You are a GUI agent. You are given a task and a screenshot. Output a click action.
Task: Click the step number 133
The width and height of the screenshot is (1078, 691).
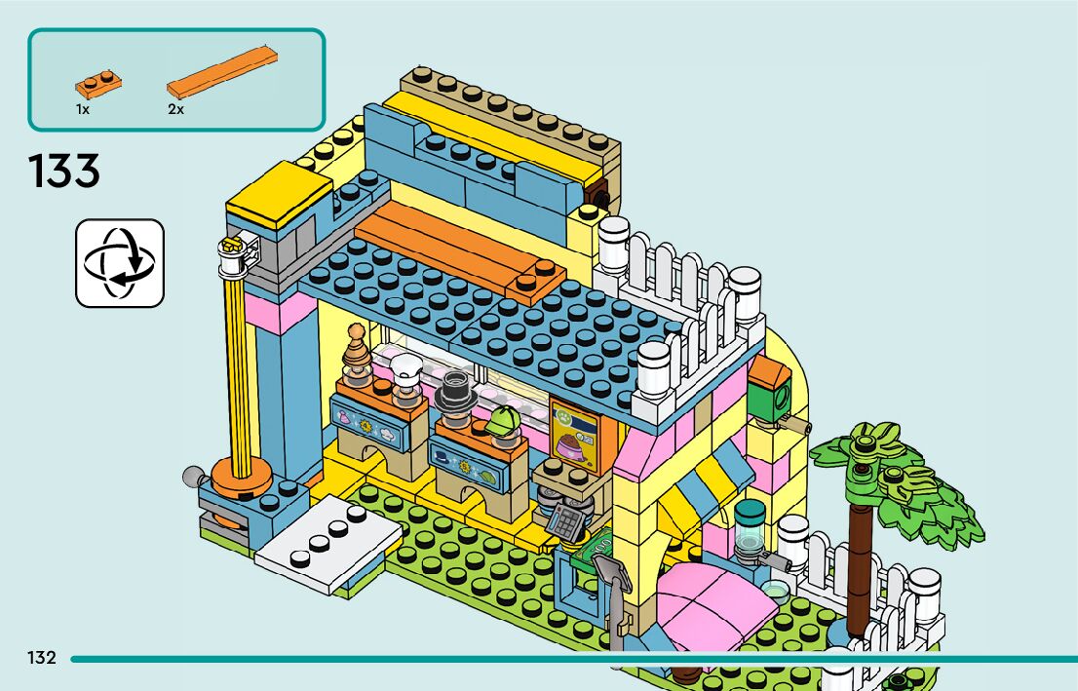pyautogui.click(x=64, y=172)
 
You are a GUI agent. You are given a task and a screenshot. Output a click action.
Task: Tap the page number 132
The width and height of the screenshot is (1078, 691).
pyautogui.click(x=42, y=658)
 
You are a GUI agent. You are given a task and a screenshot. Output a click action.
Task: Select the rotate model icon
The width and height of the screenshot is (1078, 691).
pyautogui.click(x=120, y=263)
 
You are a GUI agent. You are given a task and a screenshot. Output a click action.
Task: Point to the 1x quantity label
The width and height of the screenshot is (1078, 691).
pyautogui.click(x=83, y=110)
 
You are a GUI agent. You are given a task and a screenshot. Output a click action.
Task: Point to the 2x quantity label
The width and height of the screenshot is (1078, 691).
pyautogui.click(x=175, y=110)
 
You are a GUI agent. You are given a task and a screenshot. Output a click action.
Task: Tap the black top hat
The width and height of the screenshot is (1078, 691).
pyautogui.click(x=454, y=387)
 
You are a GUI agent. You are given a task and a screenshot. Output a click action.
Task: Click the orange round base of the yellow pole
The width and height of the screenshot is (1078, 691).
pyautogui.click(x=240, y=477)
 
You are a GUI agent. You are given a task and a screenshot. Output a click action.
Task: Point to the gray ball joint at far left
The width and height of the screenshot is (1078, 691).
pyautogui.click(x=193, y=478)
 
